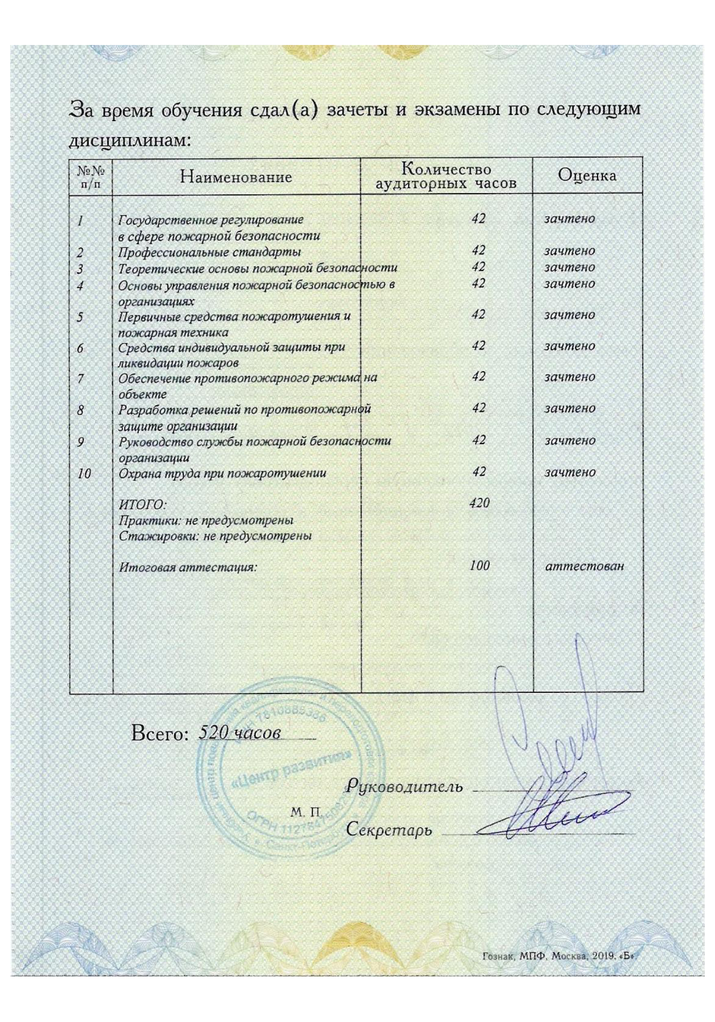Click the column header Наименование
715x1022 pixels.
coord(235,177)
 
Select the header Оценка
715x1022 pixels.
coord(587,175)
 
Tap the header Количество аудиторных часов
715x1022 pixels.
coord(446,176)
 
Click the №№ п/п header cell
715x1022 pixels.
coord(90,177)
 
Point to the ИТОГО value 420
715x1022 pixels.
coord(480,503)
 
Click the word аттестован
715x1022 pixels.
coord(585,566)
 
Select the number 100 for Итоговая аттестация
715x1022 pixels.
coord(480,566)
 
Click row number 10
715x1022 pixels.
coord(84,474)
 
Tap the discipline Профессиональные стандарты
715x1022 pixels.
coord(209,252)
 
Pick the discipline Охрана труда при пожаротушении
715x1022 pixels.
coord(222,473)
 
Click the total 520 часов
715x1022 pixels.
coord(240,733)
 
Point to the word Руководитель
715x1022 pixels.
coord(404,786)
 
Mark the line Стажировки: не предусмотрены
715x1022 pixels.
coord(215,536)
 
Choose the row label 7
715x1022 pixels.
coord(80,379)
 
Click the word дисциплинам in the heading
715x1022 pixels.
coord(130,140)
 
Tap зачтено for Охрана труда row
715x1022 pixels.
coord(569,472)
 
